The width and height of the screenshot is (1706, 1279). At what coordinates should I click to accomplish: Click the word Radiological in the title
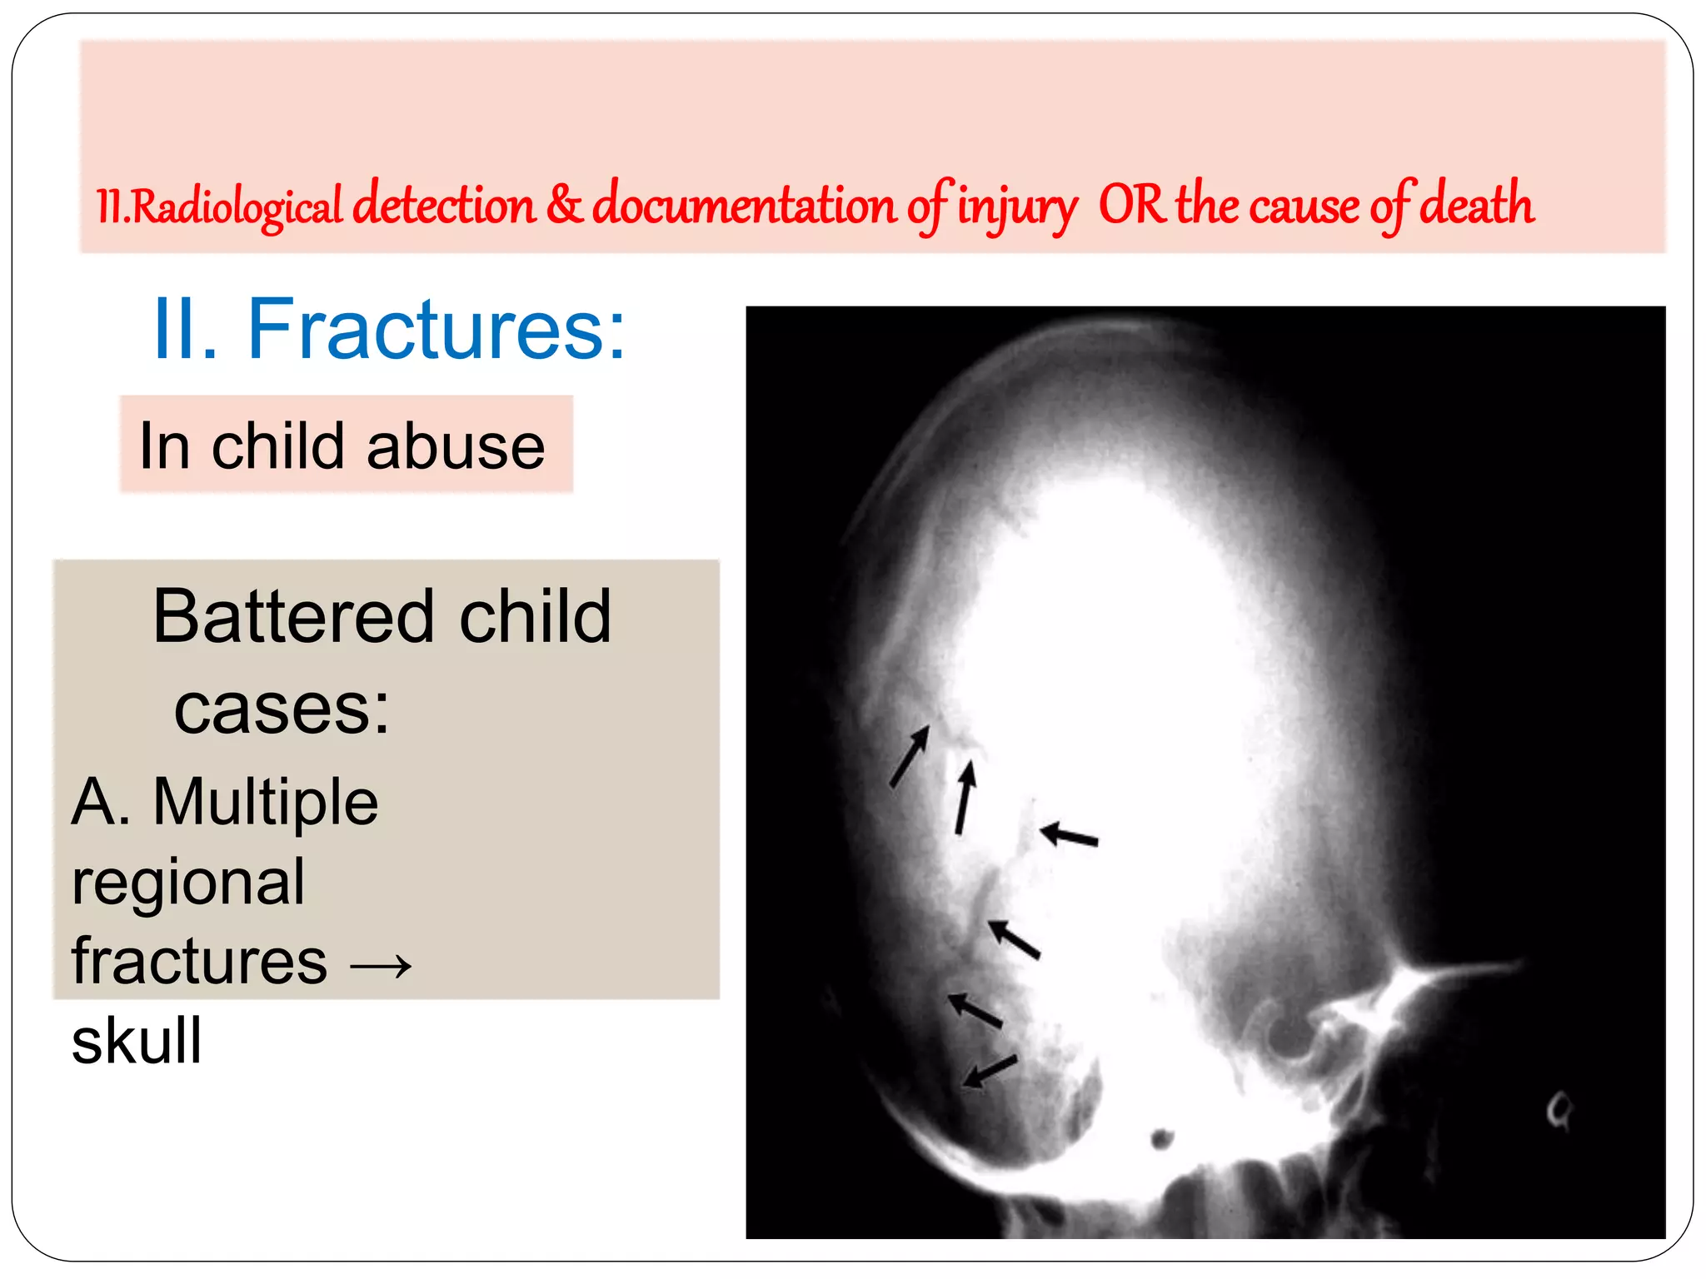(237, 207)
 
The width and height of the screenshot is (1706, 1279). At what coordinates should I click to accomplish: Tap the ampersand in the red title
(564, 205)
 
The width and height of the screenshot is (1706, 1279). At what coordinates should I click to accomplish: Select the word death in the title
(1476, 205)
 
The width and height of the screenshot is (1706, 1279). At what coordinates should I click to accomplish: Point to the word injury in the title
(1016, 207)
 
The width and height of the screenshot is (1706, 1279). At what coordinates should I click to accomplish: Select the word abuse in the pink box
(456, 446)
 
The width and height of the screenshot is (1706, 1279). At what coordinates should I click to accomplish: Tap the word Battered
(294, 617)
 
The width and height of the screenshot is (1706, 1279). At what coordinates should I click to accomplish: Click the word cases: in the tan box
(282, 709)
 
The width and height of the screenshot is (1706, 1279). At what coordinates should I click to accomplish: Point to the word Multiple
(266, 802)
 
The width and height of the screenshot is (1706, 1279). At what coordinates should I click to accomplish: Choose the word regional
(188, 882)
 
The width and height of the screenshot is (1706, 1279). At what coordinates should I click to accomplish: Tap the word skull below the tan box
(137, 1042)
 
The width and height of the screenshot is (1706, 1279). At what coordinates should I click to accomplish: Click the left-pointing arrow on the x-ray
(1070, 835)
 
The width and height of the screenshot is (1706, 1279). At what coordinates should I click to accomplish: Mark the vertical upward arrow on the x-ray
(965, 798)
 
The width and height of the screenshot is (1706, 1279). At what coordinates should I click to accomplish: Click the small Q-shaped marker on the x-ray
(1559, 1110)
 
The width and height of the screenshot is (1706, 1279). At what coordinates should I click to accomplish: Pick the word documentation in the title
(744, 205)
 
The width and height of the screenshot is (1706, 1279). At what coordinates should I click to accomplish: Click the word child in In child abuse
(278, 446)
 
